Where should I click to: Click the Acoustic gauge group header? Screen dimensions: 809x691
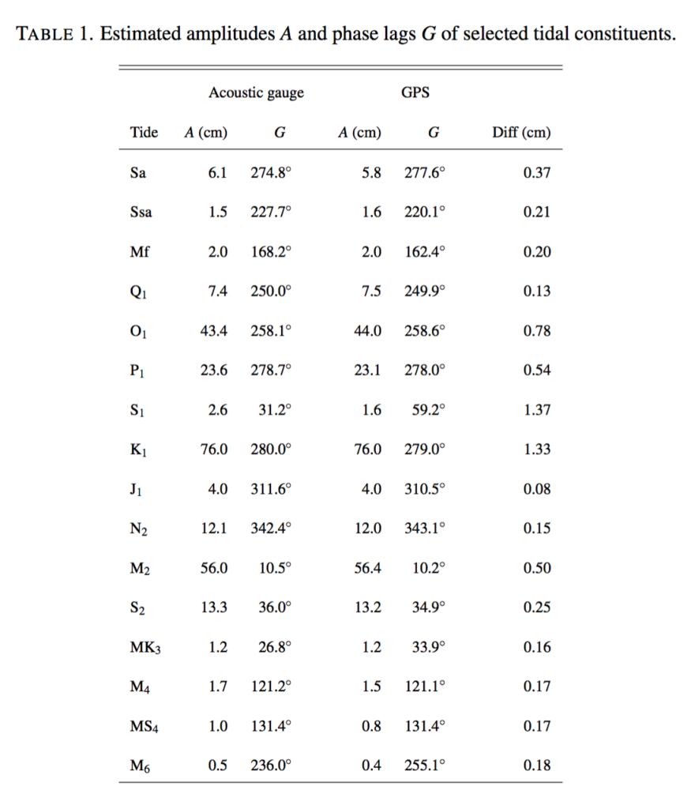256,93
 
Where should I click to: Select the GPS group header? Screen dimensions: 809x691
415,93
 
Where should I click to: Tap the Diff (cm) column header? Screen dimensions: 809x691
521,133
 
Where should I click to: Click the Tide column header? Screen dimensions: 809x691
144,133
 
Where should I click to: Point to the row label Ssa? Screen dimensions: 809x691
141,212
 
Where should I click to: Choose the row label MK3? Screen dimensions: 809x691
145,647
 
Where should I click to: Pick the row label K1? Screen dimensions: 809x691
139,450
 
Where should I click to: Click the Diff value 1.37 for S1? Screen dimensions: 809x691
537,409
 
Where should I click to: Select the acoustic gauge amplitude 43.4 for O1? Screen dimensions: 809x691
214,330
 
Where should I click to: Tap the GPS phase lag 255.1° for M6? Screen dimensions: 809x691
425,765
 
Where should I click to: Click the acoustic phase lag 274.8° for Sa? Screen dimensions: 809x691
271,172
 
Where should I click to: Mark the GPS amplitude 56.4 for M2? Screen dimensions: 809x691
367,567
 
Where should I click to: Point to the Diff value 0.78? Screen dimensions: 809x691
537,330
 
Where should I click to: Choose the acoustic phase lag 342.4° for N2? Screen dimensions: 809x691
271,528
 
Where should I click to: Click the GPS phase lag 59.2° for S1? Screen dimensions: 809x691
429,409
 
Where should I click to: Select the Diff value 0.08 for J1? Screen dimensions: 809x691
537,488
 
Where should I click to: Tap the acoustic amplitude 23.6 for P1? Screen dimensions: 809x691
214,370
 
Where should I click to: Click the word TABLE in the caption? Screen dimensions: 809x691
46,35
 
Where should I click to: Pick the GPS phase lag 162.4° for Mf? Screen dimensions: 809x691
425,251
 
